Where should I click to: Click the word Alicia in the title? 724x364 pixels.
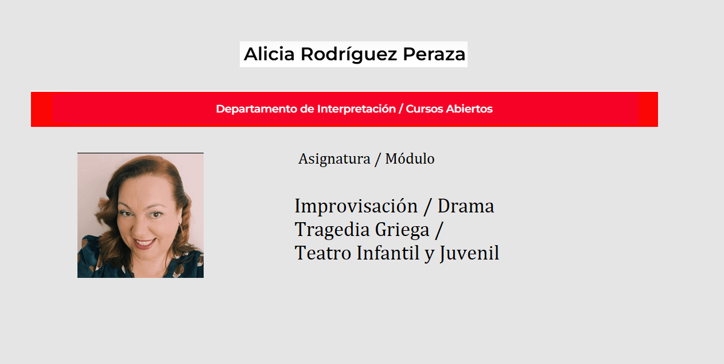pos(269,54)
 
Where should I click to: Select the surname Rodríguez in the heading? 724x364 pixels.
pos(349,55)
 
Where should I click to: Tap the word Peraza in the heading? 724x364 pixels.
pos(434,54)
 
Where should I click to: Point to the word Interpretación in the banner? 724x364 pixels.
pos(356,109)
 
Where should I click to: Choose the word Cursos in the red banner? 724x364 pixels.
pos(424,109)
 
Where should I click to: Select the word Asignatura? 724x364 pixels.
pos(334,159)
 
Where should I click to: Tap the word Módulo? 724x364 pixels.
pos(410,158)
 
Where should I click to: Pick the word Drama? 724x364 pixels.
pos(466,206)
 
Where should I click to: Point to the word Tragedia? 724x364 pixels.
pos(332,230)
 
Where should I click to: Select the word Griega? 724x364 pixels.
pos(402,230)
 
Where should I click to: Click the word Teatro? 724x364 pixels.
pos(323,253)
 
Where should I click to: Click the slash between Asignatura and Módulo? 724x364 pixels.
pos(377,159)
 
